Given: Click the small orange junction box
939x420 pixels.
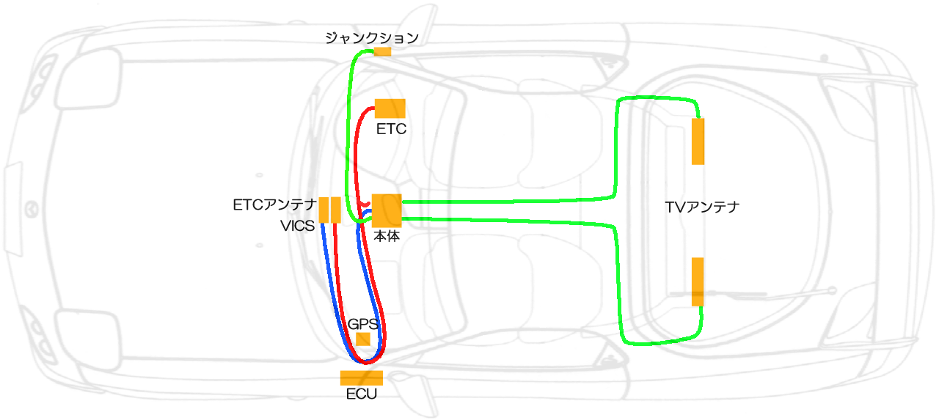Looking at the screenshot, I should (382, 52).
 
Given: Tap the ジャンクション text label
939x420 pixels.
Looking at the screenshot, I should (372, 38).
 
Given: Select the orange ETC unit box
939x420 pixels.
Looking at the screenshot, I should (390, 108).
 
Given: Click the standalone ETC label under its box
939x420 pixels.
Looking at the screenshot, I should (391, 130).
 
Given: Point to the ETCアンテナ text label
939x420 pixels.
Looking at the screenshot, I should (274, 205).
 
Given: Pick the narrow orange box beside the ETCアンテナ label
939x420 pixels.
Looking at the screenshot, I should (324, 210).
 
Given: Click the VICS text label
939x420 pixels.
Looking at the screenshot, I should (297, 226).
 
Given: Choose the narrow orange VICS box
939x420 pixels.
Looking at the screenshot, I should (336, 210).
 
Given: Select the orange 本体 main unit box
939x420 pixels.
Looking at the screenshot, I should (387, 211).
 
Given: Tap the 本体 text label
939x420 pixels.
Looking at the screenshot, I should (387, 237).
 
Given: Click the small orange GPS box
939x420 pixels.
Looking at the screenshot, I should (362, 339).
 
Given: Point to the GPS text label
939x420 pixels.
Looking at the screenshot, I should (362, 324).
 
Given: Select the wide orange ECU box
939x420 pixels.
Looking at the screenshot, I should (362, 378).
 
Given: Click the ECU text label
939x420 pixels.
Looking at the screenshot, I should (361, 394).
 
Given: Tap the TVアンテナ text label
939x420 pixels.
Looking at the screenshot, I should (701, 207).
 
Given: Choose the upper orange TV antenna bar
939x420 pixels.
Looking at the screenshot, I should (698, 141).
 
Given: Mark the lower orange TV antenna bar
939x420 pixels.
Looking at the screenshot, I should (698, 281).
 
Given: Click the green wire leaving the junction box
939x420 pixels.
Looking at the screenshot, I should (352, 88).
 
